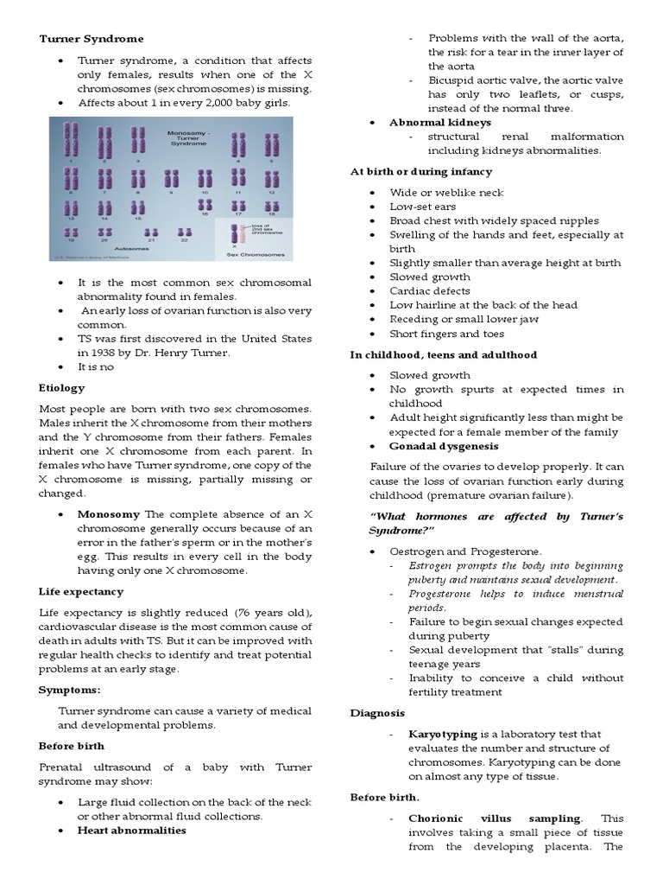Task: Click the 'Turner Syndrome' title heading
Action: tap(92, 39)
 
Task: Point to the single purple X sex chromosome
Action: tap(234, 234)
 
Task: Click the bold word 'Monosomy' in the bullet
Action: tap(110, 514)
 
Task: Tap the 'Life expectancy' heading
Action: tap(80, 592)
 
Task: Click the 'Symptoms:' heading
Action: tap(69, 690)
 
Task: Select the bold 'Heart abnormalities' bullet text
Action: tap(132, 830)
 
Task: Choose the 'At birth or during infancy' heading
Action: tap(420, 172)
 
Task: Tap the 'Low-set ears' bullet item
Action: tap(423, 207)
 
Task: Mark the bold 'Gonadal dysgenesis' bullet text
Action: tap(444, 446)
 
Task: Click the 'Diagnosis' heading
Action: tap(377, 713)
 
